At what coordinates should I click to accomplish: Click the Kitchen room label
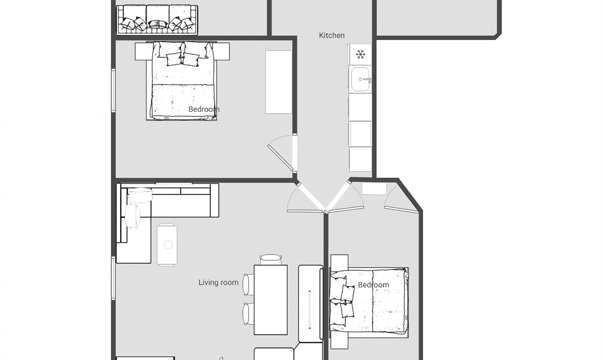point(331,35)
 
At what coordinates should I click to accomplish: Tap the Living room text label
point(218,283)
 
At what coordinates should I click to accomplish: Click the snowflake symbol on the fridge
point(360,54)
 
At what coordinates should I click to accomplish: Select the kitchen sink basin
point(360,79)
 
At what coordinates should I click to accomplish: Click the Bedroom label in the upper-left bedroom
point(204,110)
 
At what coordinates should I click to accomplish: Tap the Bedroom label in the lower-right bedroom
point(374,285)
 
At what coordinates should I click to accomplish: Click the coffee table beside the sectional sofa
point(167,244)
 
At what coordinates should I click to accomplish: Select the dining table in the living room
point(270,300)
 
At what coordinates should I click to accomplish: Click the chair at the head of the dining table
point(270,259)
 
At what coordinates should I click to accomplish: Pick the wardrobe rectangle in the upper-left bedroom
point(278,82)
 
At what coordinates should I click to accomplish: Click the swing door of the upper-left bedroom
point(281,157)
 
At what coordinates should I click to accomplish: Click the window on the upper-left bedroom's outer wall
point(114,90)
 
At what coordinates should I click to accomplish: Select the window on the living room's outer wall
point(114,278)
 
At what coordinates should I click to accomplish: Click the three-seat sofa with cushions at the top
point(157,20)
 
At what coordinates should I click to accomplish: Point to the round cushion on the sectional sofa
point(133,216)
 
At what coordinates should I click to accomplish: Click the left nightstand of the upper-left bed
point(141,52)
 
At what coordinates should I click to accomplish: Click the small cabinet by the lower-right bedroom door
point(374,189)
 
